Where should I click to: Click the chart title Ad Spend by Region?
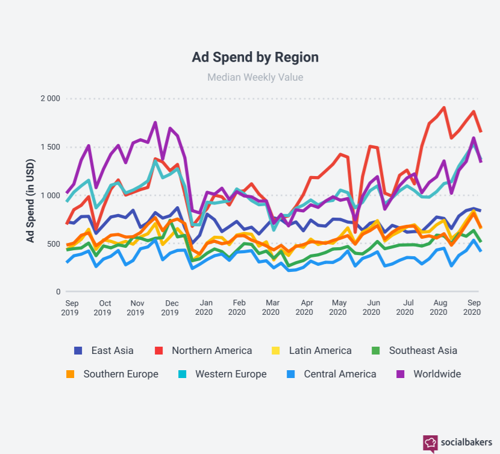coord(255,57)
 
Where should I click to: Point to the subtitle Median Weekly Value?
coord(255,77)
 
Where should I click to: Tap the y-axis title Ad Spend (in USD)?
coord(30,201)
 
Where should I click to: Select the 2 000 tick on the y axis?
coord(51,98)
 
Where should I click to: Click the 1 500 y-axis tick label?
coord(51,147)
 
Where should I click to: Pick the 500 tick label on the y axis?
coord(54,244)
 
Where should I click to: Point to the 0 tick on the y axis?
coord(58,292)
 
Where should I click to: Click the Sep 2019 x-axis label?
coord(70,307)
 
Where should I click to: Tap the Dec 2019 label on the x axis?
coord(170,307)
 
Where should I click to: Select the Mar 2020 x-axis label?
coord(270,307)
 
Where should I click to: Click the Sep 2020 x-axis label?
coord(472,307)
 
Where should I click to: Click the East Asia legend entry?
coord(104,351)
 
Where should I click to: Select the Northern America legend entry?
coord(203,351)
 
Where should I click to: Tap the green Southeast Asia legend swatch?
coord(376,351)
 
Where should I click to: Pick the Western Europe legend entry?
coord(222,374)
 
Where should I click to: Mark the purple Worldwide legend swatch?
coord(400,374)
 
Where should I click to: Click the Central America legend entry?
coord(331,374)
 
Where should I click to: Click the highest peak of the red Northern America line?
coord(444,108)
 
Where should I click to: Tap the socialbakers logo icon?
coord(430,443)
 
